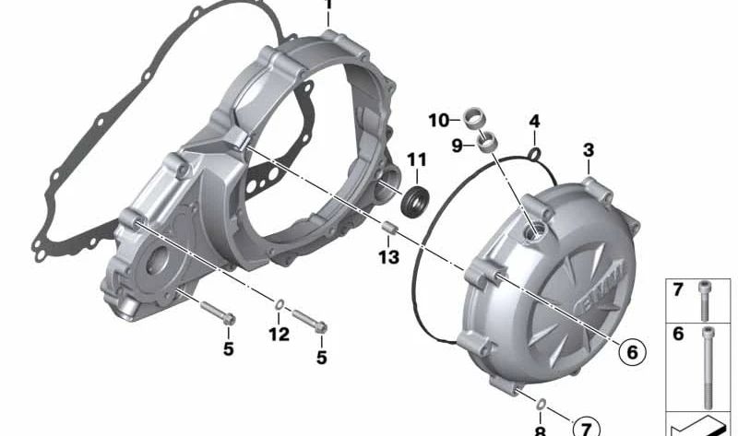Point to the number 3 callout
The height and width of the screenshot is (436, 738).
coord(589,150)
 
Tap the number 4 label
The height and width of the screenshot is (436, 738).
coord(534,122)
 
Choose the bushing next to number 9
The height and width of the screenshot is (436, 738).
coord(486,142)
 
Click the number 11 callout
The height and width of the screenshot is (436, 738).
coord(417,159)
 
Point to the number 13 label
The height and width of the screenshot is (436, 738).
coord(389,257)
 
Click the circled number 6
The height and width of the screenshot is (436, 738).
coord(632,351)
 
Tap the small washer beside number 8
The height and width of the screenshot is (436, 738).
coord(543,404)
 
